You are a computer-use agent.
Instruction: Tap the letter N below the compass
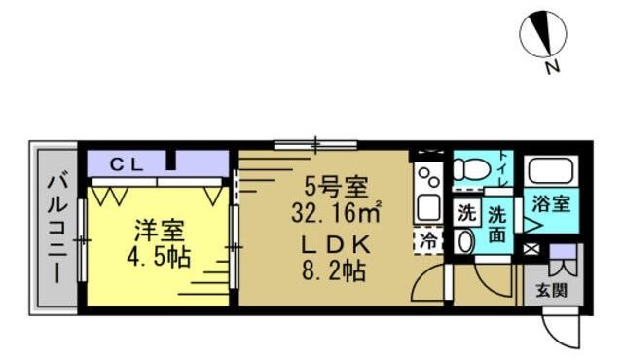click(552, 68)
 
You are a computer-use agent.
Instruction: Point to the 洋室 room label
click(159, 233)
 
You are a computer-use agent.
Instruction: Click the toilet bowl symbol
click(470, 170)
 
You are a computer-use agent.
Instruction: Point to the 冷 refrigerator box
click(427, 242)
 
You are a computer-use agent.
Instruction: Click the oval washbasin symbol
click(465, 240)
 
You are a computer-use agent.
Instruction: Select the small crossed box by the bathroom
click(531, 249)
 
